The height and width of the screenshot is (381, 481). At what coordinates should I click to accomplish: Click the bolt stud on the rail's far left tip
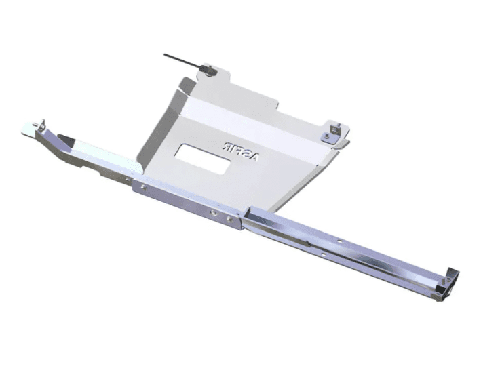pyautogui.click(x=40, y=124)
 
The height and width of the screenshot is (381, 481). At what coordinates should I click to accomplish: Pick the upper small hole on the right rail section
pyautogui.click(x=339, y=242)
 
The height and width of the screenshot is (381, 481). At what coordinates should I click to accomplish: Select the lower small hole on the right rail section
pyautogui.click(x=323, y=254)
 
